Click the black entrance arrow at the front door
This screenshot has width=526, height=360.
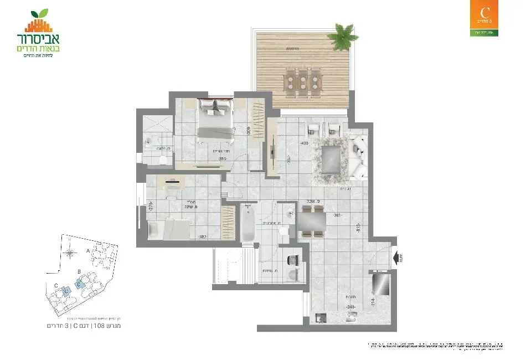point(398,258)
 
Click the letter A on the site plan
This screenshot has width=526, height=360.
point(88,250)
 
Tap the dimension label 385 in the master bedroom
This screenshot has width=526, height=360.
point(223,158)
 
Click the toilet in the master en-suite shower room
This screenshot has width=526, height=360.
point(162,161)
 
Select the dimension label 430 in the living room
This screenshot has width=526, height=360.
point(304,143)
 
